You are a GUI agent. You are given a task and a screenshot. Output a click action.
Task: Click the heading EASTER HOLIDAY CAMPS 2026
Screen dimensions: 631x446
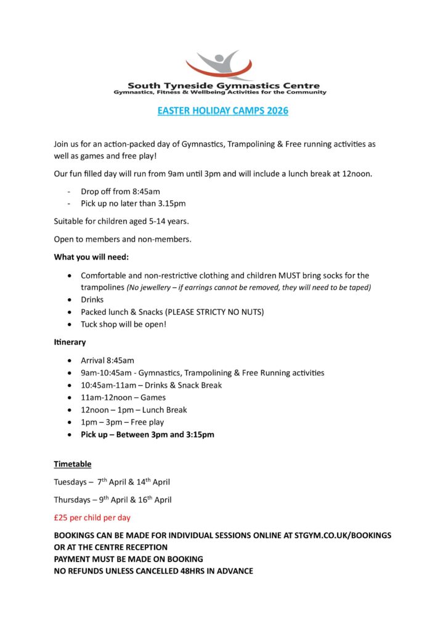pyautogui.click(x=223, y=112)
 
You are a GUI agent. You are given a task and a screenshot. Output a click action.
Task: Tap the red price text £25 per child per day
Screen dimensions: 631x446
pyautogui.click(x=92, y=518)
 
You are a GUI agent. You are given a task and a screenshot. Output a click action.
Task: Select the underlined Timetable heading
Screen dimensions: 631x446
pyautogui.click(x=73, y=463)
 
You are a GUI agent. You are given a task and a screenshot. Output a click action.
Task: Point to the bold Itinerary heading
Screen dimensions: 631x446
pyautogui.click(x=70, y=342)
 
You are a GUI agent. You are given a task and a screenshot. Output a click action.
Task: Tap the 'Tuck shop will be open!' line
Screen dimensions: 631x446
pyautogui.click(x=123, y=324)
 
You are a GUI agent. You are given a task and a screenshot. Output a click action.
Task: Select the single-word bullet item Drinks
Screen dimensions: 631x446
pyautogui.click(x=92, y=299)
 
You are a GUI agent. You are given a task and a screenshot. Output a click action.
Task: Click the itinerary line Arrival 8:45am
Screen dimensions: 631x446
pyautogui.click(x=107, y=360)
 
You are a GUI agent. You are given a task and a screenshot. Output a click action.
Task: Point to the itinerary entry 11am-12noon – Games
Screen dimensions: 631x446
pyautogui.click(x=123, y=397)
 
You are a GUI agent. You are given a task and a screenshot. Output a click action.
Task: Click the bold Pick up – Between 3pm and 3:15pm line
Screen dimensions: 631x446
pyautogui.click(x=147, y=434)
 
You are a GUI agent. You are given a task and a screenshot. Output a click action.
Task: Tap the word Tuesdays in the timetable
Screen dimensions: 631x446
pyautogui.click(x=70, y=482)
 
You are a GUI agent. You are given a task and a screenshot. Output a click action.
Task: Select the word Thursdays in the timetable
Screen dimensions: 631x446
pyautogui.click(x=71, y=500)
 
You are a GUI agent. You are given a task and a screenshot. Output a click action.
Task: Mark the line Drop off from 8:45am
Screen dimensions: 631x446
pyautogui.click(x=120, y=192)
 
